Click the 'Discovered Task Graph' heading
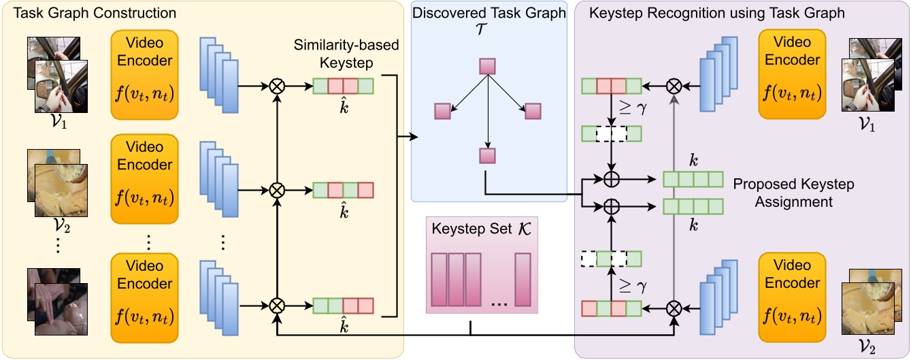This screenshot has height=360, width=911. point(488,13)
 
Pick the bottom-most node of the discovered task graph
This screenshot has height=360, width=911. point(487,156)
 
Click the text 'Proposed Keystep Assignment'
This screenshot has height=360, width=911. point(793,193)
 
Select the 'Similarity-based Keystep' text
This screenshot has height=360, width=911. point(346,54)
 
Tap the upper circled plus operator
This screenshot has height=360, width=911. point(612,180)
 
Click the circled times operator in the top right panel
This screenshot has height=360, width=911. point(673,85)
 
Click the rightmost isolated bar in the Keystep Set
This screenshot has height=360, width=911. point(522,280)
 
